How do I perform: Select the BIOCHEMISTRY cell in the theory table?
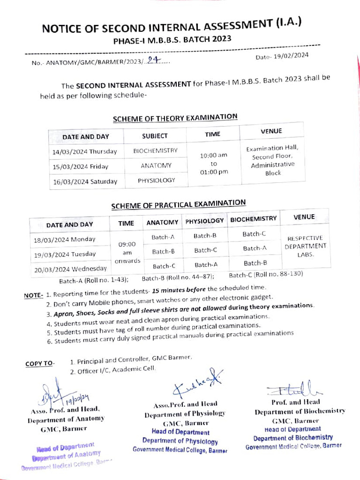point(155,151)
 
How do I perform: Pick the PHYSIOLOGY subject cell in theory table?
point(156,180)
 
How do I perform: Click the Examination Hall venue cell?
point(272,160)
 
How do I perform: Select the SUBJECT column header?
point(155,136)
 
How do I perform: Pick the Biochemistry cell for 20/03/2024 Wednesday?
point(255,263)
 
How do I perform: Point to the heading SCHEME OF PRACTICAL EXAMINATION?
point(178,204)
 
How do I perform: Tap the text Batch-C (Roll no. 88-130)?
point(266,274)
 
